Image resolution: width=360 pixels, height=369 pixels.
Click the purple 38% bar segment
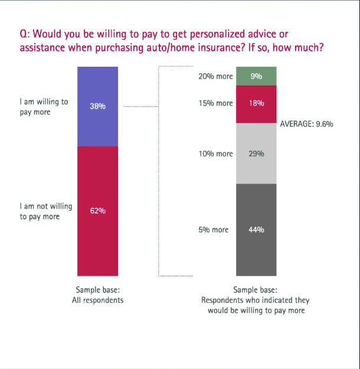(97, 106)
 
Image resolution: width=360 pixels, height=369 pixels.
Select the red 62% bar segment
(97, 211)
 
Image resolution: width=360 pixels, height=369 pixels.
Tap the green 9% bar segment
(256, 76)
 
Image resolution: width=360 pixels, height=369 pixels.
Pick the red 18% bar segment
(256, 103)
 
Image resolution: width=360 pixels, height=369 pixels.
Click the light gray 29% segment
(256, 154)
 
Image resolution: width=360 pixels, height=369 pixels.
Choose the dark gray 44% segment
(256, 230)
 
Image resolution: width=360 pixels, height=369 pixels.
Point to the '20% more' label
(215, 77)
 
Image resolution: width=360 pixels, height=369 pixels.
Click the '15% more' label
(215, 103)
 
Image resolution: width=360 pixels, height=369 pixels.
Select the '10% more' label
(215, 154)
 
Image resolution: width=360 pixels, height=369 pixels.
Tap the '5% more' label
(213, 230)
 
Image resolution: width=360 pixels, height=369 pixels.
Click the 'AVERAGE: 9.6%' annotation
(306, 124)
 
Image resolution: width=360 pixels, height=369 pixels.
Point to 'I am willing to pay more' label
(43, 106)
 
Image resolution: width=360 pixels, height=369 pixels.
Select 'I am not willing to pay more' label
(45, 211)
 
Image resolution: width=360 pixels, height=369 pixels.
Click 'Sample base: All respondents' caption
(97, 295)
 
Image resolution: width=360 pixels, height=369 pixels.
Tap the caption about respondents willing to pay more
(256, 300)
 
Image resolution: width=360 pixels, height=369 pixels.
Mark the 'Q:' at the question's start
(25, 34)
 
